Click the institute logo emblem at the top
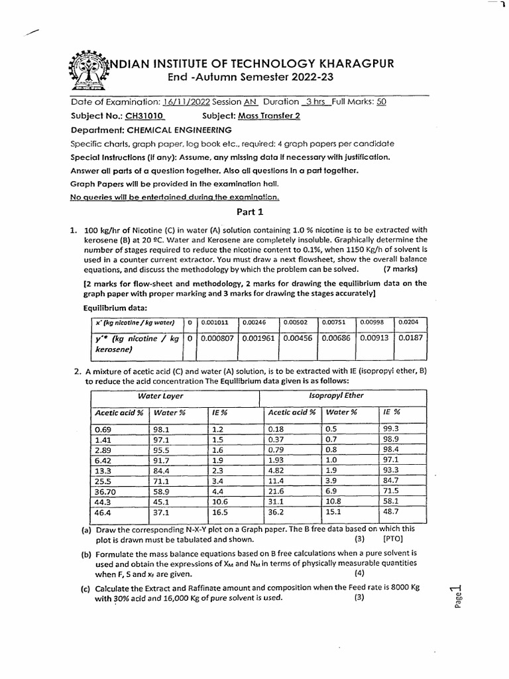[x=87, y=70]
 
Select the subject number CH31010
[x=139, y=116]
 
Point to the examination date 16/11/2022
[x=184, y=103]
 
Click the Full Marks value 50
[x=381, y=103]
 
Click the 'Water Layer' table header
[x=160, y=396]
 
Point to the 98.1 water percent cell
[x=162, y=429]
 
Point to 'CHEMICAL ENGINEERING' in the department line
[x=179, y=130]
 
